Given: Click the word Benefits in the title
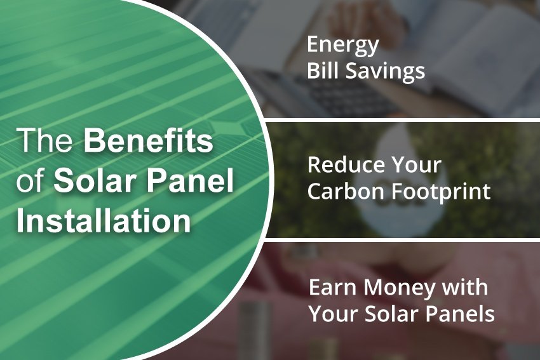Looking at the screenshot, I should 149,142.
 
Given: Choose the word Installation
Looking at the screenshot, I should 104,222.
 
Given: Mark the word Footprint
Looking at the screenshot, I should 442,191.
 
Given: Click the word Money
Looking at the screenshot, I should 393,288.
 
